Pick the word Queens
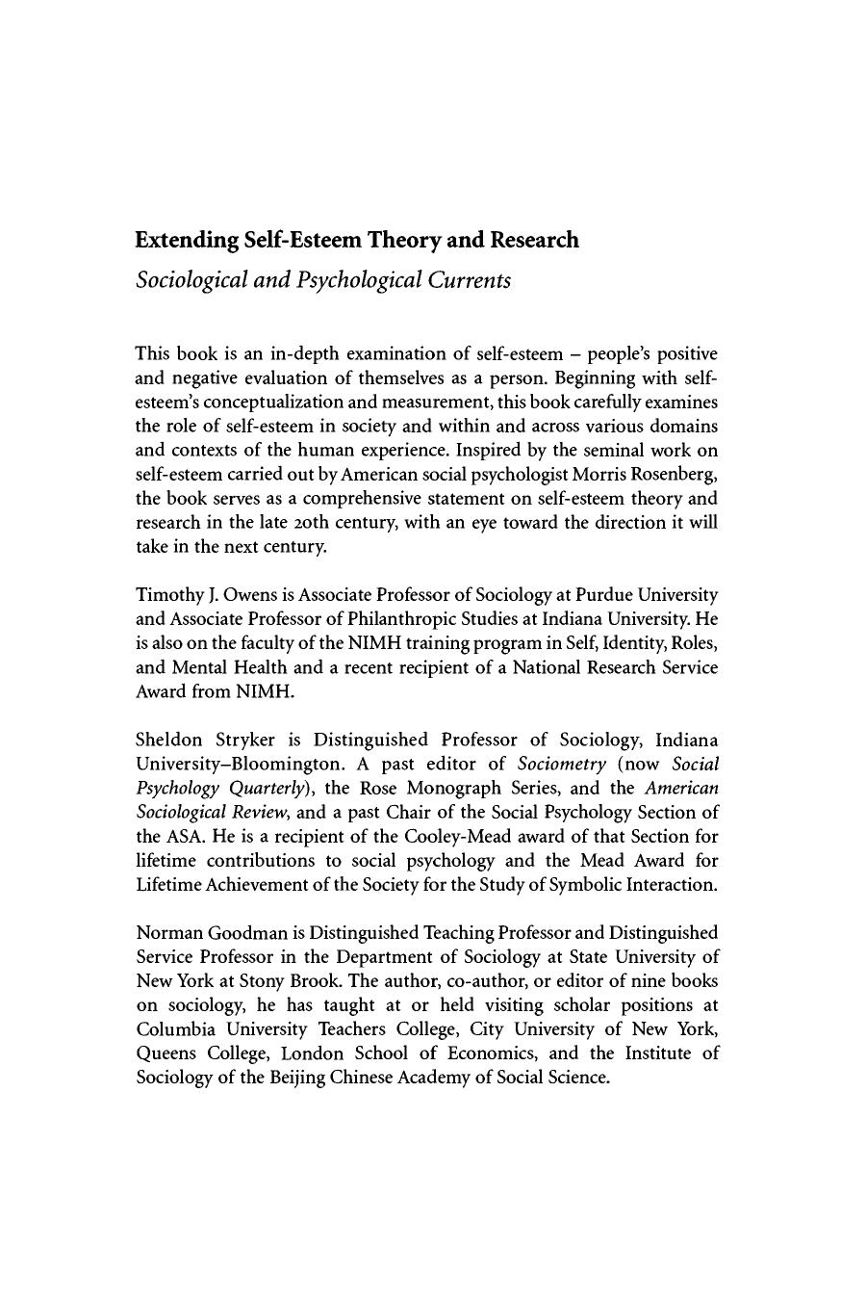[x=166, y=1053]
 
